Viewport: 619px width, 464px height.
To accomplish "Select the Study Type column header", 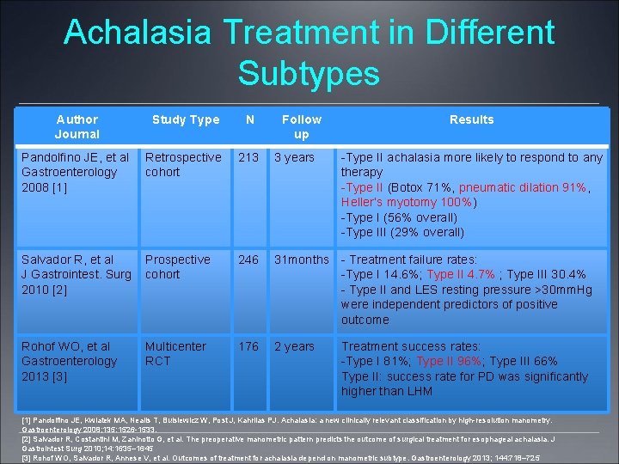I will click(x=186, y=119).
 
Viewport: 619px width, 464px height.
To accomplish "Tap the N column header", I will click(x=249, y=119).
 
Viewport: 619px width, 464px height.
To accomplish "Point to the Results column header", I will click(x=471, y=119).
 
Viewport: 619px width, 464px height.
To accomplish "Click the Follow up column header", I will click(x=301, y=126).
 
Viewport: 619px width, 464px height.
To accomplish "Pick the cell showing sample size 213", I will click(x=248, y=157).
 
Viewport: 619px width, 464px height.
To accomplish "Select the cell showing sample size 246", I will click(x=248, y=259).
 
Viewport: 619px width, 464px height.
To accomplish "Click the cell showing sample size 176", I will click(x=248, y=346).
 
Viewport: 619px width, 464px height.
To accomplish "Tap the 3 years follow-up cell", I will click(x=294, y=157).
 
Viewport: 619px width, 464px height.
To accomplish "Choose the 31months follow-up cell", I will click(x=301, y=259).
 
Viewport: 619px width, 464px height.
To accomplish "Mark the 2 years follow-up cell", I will click(x=294, y=346).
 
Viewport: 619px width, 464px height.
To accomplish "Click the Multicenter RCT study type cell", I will click(x=175, y=353).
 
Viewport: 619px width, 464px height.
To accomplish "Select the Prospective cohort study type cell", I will click(x=177, y=266).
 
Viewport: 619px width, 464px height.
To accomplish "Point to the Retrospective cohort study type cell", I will click(x=182, y=164).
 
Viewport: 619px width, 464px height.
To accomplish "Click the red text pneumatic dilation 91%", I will click(x=525, y=187).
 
